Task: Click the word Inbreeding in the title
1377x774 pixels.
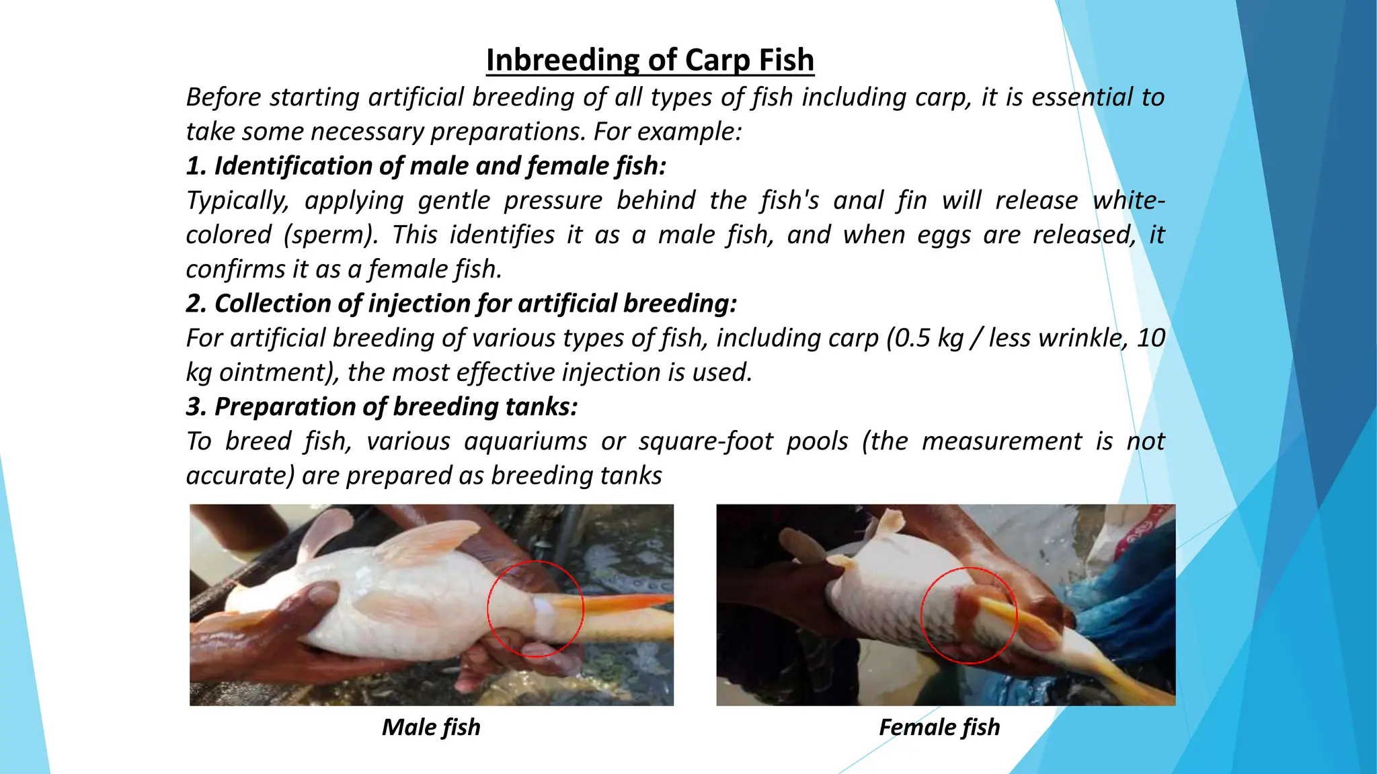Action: click(561, 60)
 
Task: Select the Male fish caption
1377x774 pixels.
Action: click(431, 727)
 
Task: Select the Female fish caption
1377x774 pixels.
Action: click(939, 727)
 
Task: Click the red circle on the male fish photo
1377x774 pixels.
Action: click(489, 609)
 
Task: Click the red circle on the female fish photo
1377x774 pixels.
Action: click(922, 615)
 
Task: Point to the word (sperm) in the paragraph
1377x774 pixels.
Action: click(330, 235)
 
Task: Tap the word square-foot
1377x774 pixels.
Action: click(705, 441)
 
